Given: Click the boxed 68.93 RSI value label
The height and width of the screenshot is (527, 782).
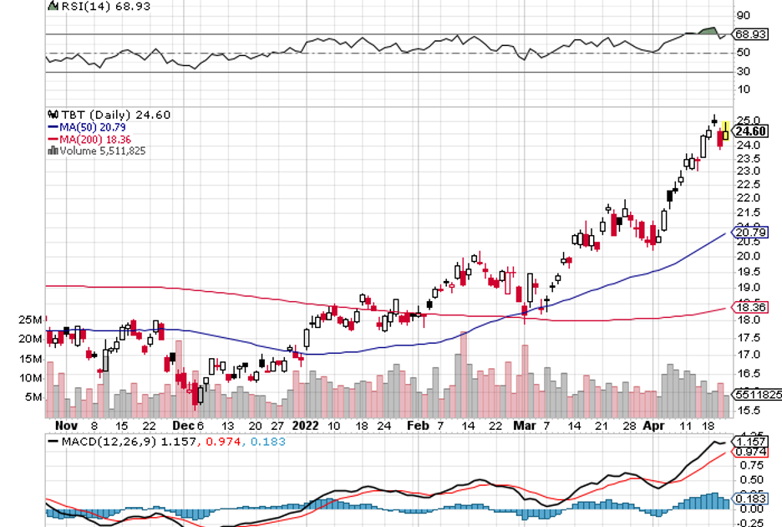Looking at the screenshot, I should pos(751,34).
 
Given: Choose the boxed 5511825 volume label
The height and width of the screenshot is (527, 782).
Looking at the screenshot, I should pos(755,394).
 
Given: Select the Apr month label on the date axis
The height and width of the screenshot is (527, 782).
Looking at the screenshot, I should pos(655,425).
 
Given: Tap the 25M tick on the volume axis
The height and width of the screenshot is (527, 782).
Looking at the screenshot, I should pos(32,320).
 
